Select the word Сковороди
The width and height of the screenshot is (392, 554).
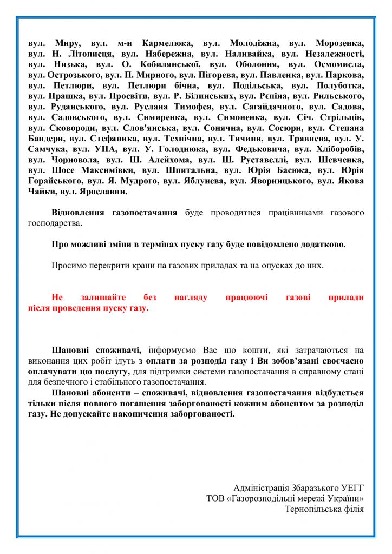[76, 128]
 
